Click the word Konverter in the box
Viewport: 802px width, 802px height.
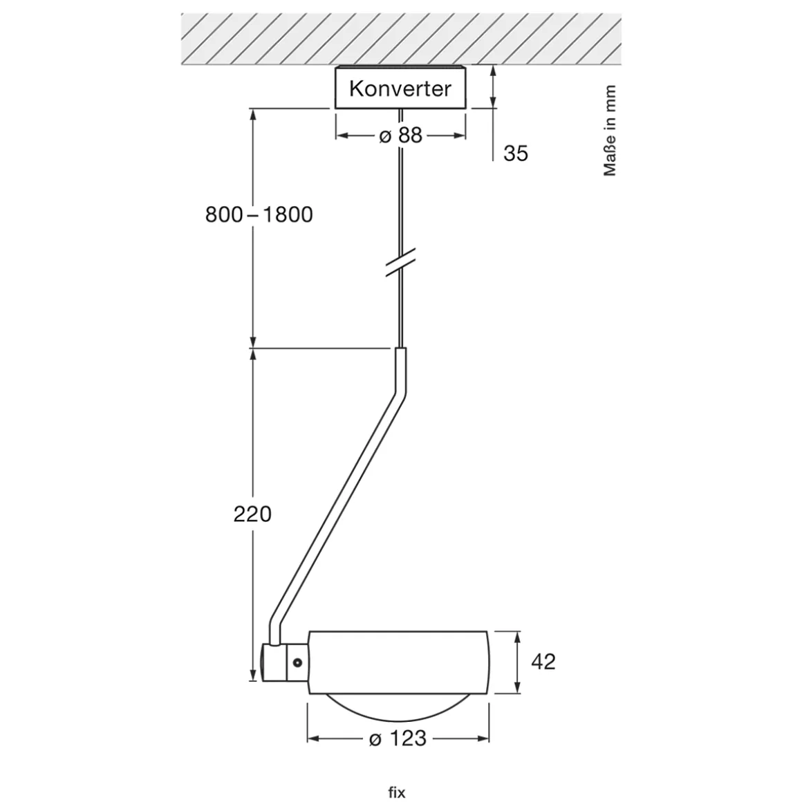coord(400,88)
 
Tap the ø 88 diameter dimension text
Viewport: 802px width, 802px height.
coord(400,135)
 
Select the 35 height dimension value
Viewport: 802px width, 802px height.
coord(515,153)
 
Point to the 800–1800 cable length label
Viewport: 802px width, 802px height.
coord(259,214)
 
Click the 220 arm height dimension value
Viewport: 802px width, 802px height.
coord(252,514)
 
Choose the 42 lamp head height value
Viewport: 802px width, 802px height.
coord(543,662)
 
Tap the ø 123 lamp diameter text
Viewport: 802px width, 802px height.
coord(398,738)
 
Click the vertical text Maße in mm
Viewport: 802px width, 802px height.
coord(609,131)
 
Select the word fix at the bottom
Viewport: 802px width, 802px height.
coord(397,792)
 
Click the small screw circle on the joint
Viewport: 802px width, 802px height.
coord(297,662)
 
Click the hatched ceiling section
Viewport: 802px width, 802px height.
coord(400,39)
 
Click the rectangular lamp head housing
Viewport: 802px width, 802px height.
coord(399,662)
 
